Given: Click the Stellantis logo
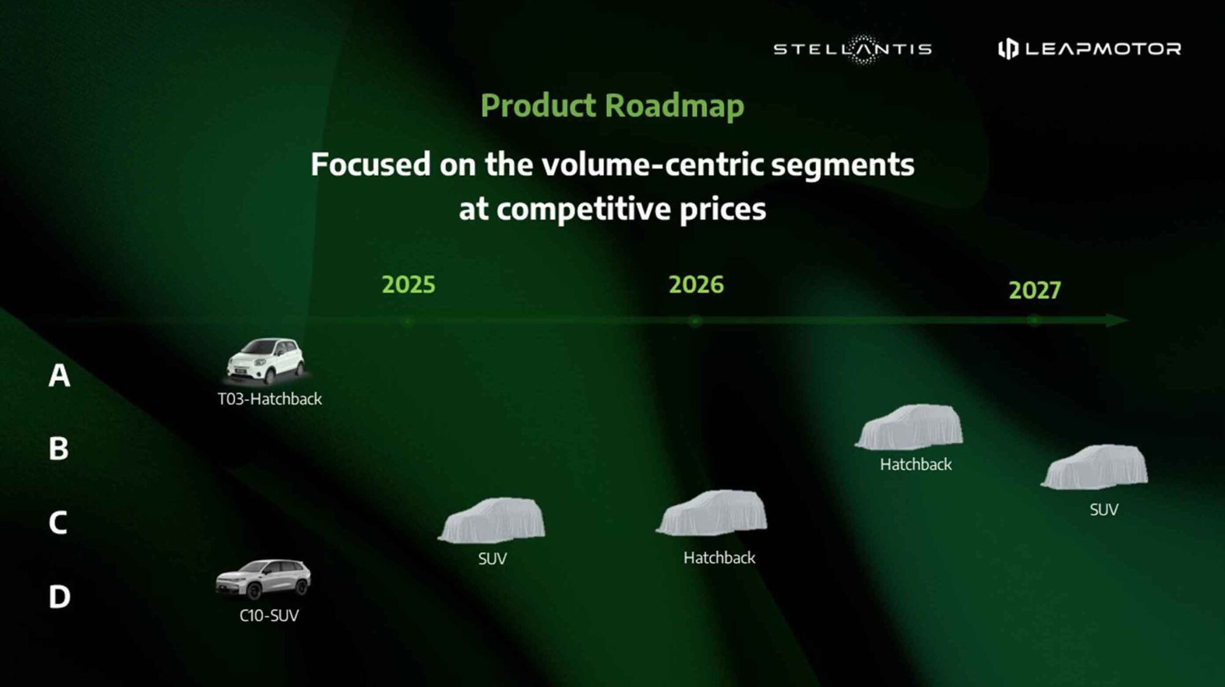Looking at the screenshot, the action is (853, 49).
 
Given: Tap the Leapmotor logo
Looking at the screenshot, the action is (1090, 48).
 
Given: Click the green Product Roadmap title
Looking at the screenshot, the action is (612, 106).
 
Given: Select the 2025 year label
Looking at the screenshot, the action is (409, 285).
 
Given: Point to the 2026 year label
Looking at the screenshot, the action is (696, 285).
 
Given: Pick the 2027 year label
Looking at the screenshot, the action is (1035, 290).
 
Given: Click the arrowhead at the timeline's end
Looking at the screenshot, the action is (1117, 320).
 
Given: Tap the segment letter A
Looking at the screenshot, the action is (59, 375).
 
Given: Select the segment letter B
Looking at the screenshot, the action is (59, 449).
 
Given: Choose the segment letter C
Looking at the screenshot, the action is (58, 523).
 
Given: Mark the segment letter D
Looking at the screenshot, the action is (59, 596).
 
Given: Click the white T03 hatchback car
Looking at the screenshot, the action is (265, 361).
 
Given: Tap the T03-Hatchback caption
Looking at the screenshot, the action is (269, 399).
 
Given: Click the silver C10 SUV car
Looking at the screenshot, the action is (263, 579).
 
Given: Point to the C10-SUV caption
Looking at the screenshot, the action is (269, 615).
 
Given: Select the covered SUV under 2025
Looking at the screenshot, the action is (492, 520).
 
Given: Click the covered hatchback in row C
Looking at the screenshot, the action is (712, 513).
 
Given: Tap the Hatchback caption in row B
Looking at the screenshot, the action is (916, 465).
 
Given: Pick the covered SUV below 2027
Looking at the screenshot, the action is (1095, 467).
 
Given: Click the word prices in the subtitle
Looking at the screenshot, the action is (723, 210).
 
